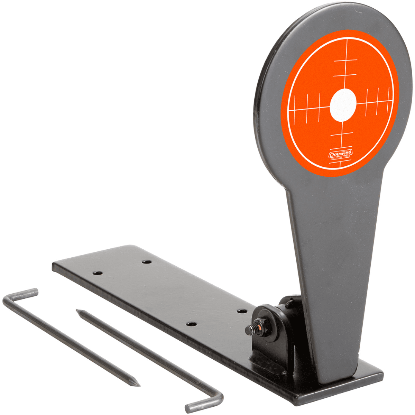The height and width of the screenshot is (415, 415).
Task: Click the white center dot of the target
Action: pyautogui.click(x=343, y=105)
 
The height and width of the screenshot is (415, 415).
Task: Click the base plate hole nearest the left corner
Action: pyautogui.click(x=97, y=273)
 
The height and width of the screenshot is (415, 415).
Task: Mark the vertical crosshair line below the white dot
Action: pyautogui.click(x=342, y=138)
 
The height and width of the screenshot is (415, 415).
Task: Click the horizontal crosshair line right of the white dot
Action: pyautogui.click(x=373, y=102)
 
